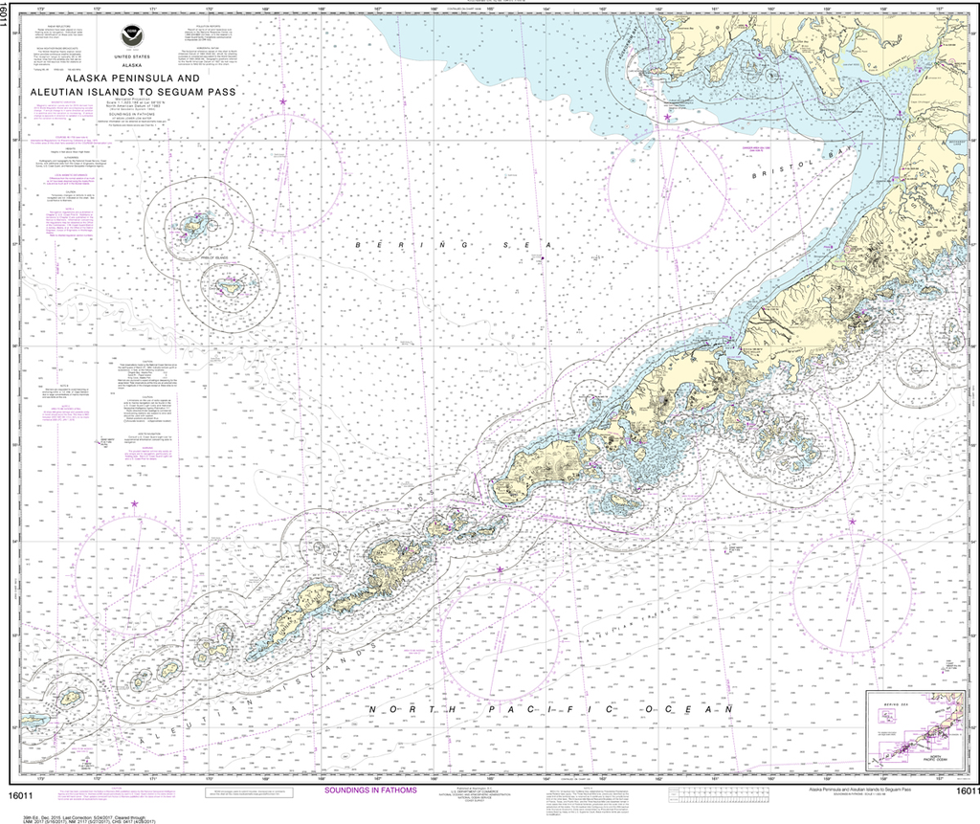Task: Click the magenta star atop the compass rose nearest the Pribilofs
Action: [283, 101]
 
